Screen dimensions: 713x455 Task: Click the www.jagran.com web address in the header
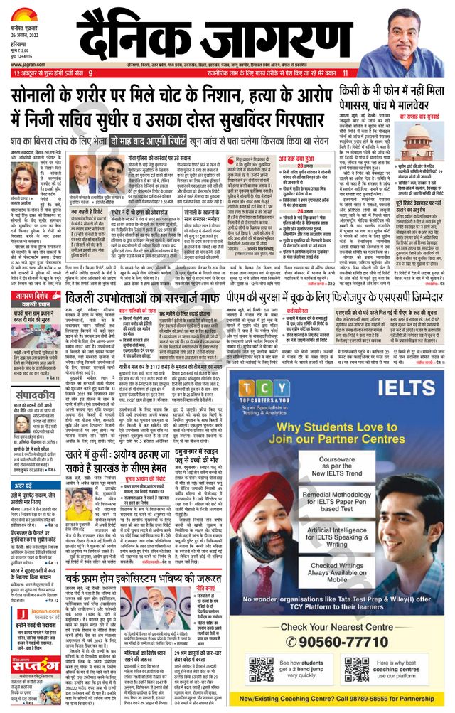coord(28,62)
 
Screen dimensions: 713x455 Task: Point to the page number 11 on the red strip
coord(346,73)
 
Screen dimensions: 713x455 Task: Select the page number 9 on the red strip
coord(90,73)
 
